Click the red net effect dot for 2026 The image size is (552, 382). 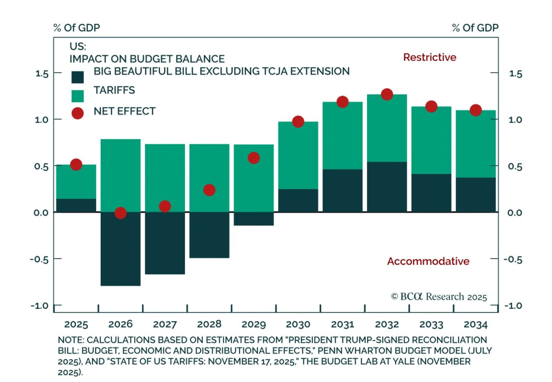click(120, 213)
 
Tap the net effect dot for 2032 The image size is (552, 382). click(387, 94)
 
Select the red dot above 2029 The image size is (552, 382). click(254, 158)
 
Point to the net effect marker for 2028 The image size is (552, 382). click(209, 190)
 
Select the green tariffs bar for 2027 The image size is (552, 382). click(165, 173)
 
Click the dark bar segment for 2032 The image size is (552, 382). click(387, 187)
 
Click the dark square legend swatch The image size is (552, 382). click(78, 77)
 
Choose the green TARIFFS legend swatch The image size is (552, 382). click(78, 96)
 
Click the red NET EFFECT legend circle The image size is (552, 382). click(78, 113)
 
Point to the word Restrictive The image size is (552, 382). click(430, 57)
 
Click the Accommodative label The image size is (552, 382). click(428, 261)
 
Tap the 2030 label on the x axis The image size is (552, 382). click(298, 324)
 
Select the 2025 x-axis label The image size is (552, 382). click(76, 324)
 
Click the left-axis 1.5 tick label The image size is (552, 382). click(42, 74)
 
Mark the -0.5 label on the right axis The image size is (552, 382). click(513, 259)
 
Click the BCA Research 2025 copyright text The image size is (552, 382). click(439, 297)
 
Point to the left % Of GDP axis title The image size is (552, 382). click(77, 28)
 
